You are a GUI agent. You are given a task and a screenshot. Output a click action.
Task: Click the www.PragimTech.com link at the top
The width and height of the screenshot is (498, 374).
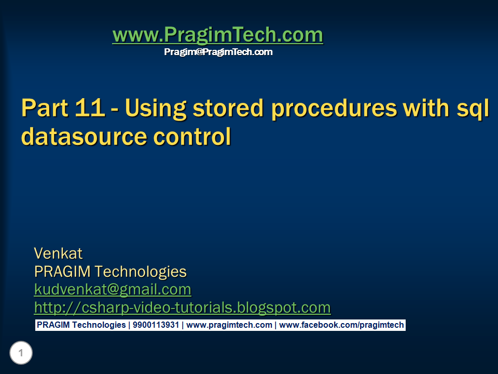[218, 34]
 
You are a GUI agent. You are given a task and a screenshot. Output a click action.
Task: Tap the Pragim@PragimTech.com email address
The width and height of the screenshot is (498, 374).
[218, 52]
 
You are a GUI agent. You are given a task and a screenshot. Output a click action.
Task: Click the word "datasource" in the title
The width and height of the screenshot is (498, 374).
[84, 137]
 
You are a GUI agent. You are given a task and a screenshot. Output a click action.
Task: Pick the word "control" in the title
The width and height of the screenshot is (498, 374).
[192, 137]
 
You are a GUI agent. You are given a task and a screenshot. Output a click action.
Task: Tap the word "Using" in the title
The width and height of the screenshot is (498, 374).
[155, 109]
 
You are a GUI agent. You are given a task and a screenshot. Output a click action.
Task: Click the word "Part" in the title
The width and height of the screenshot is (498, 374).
[45, 108]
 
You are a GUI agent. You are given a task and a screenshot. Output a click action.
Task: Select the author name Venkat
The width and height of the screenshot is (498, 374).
[58, 253]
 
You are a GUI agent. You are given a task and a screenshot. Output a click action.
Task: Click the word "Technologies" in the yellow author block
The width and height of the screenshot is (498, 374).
[141, 272]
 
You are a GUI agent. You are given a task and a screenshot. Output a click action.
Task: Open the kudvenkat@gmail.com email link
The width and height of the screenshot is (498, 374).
[113, 289]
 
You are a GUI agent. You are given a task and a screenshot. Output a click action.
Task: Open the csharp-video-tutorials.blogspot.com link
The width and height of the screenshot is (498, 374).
[182, 308]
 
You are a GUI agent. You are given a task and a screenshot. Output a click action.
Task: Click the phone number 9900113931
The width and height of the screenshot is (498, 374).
[156, 325]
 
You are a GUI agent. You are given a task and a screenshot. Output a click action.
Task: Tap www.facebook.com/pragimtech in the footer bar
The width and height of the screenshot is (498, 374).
[341, 325]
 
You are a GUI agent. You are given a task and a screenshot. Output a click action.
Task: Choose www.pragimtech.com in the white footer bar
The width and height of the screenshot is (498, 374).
[229, 325]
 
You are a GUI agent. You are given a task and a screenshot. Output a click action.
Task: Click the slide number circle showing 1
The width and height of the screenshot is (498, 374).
[21, 353]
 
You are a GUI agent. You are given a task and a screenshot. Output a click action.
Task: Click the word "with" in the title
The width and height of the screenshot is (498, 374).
[426, 108]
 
